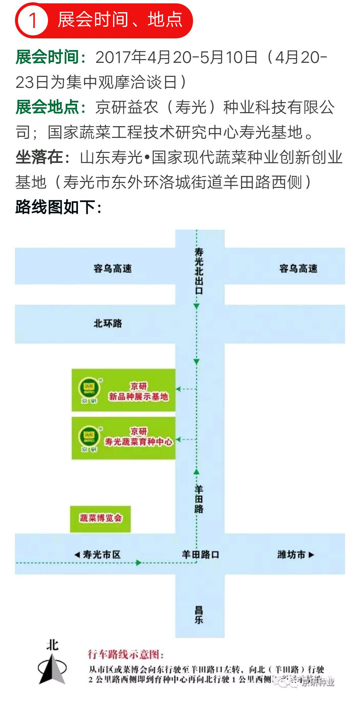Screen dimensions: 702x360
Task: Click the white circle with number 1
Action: pyautogui.click(x=33, y=20)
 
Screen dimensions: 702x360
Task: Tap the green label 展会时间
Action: pyautogui.click(x=47, y=57)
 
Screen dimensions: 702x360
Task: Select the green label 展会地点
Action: pyautogui.click(x=47, y=107)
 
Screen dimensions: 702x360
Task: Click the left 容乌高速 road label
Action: pyautogui.click(x=113, y=268)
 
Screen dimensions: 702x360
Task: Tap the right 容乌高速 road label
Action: pyautogui.click(x=298, y=268)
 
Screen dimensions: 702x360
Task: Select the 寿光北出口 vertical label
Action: pyautogui.click(x=199, y=271)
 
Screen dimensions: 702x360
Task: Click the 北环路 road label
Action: pyautogui.click(x=108, y=323)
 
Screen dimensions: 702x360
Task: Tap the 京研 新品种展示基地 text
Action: pyautogui.click(x=139, y=392)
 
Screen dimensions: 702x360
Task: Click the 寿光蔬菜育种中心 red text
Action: pyautogui.click(x=139, y=442)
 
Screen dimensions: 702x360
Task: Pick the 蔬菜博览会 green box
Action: pyautogui.click(x=100, y=519)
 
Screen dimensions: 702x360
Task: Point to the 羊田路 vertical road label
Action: pyautogui.click(x=199, y=499)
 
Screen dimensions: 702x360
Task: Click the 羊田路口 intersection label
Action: pyautogui.click(x=200, y=555)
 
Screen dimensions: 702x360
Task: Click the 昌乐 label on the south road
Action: pyautogui.click(x=199, y=615)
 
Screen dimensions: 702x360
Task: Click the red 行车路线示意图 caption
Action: pyautogui.click(x=126, y=654)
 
